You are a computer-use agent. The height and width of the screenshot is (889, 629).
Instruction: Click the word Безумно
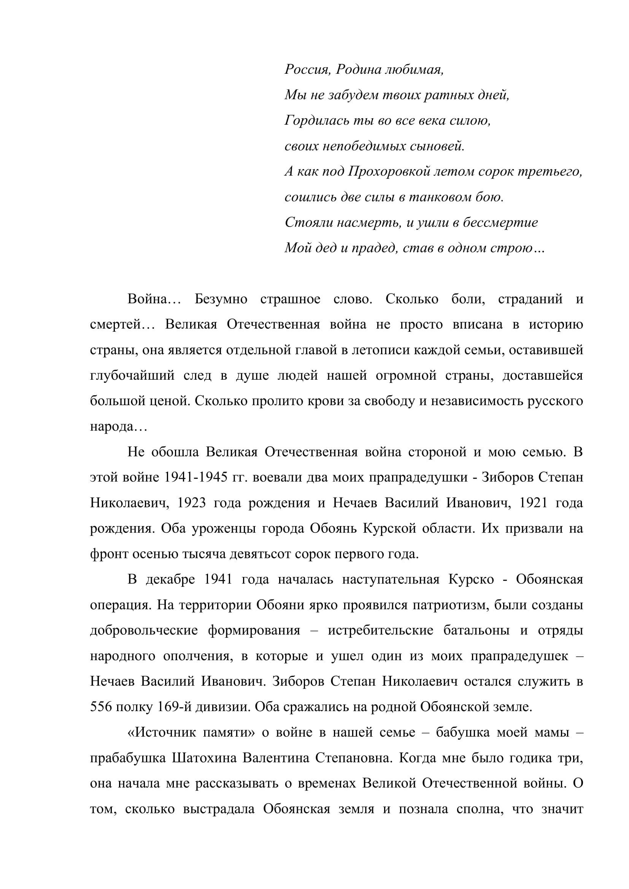221,299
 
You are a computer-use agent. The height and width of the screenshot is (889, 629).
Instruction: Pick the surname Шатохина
204,758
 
